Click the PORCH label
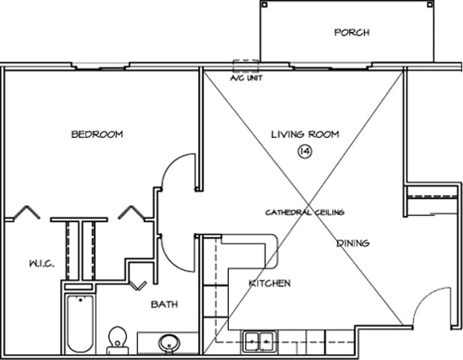coord(352,32)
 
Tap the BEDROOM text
coord(97,134)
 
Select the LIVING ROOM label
coord(305,134)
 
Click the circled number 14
coord(305,151)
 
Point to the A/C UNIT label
coord(246,78)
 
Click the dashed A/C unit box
coord(245,66)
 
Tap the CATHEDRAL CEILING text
coord(305,212)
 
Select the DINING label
coord(353,243)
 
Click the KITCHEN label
coord(270,283)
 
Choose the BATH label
coord(164,304)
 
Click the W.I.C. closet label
coord(41,263)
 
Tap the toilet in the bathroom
coord(118,340)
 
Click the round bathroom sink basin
coord(169,343)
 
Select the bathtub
coord(80,324)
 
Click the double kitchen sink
coord(260,342)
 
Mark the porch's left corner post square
coord(265,4)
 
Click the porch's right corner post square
coord(430,4)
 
